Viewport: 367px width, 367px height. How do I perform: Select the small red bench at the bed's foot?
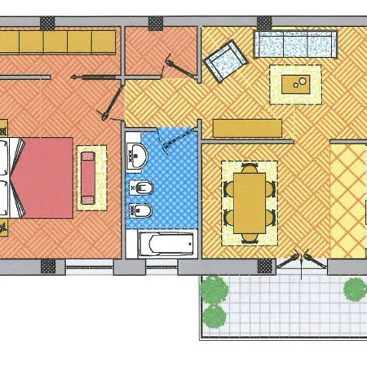pos(87,176)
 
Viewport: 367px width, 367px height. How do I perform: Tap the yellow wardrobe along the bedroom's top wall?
pos(57,40)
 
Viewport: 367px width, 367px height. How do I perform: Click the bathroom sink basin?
pos(137,152)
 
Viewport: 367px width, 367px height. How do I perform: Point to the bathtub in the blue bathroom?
pos(166,242)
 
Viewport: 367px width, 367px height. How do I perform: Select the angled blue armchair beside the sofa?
pos(223,60)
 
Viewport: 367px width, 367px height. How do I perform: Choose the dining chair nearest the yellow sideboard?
pos(249,167)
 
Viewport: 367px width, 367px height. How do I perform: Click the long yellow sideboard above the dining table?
pos(247,128)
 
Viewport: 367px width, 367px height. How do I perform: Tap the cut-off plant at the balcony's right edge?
pos(356,288)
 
